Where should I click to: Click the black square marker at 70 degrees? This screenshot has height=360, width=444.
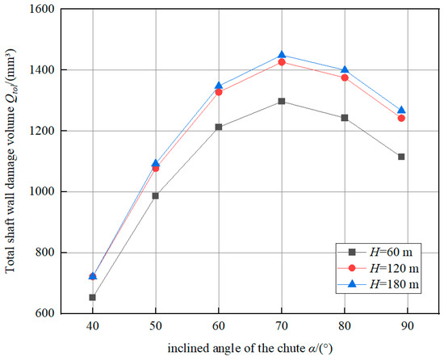[258, 101]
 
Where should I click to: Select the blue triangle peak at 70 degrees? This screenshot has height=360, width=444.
[258, 55]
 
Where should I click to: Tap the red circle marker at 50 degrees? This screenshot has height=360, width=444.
[155, 168]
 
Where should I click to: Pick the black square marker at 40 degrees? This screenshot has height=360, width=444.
[93, 297]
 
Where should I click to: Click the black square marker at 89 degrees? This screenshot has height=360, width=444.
[401, 157]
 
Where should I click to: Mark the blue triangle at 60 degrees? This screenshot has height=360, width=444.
[218, 86]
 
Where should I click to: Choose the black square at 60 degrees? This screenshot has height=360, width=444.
[218, 127]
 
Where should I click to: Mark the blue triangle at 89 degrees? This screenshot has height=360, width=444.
[401, 110]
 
